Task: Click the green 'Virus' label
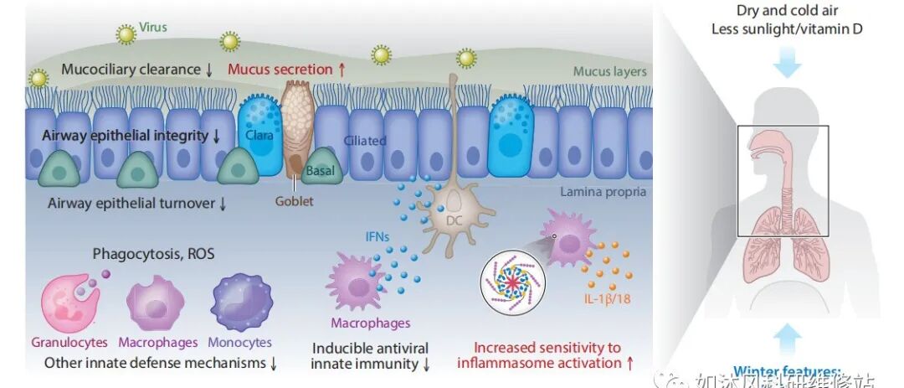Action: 153,27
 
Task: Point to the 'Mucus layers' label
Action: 609,71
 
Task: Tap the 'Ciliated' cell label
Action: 365,140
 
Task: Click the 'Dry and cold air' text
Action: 787,11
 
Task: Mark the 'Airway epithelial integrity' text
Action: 131,136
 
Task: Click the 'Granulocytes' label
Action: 70,342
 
